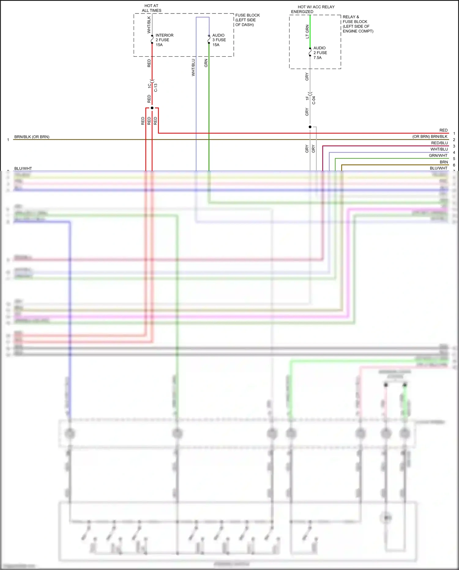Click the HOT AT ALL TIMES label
[x=151, y=8]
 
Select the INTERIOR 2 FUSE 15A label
[x=164, y=40]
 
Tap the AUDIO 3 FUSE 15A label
[x=219, y=40]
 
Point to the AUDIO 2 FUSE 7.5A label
[x=320, y=53]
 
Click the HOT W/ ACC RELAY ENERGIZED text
[x=313, y=9]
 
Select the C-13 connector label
[x=156, y=88]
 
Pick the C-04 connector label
[x=314, y=100]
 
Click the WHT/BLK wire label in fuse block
[x=149, y=25]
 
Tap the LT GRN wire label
[x=307, y=32]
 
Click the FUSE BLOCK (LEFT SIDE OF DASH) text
[x=247, y=20]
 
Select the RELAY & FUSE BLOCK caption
[x=358, y=24]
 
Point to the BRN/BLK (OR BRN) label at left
[x=32, y=137]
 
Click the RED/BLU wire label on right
[x=439, y=143]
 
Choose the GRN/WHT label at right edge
[x=438, y=156]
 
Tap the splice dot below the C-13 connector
[x=152, y=108]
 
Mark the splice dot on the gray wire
[x=310, y=127]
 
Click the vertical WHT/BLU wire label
[x=193, y=67]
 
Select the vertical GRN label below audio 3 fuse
[x=206, y=63]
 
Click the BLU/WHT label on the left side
[x=23, y=168]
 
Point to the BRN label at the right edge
[x=444, y=162]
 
